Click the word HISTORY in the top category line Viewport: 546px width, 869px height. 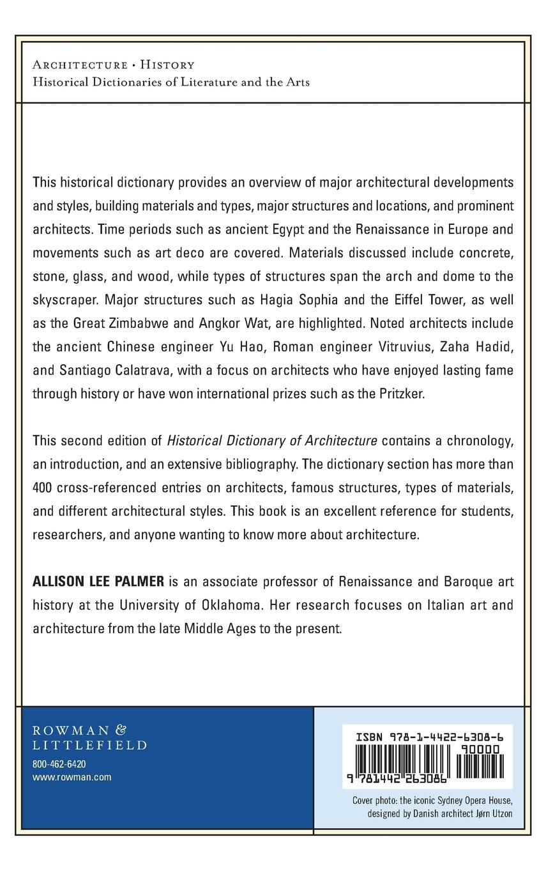[167, 65]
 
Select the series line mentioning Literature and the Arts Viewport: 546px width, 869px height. [171, 82]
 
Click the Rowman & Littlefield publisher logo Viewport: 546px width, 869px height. [89, 737]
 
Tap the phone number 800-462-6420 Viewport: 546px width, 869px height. [59, 765]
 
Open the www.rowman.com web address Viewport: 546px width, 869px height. [72, 777]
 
